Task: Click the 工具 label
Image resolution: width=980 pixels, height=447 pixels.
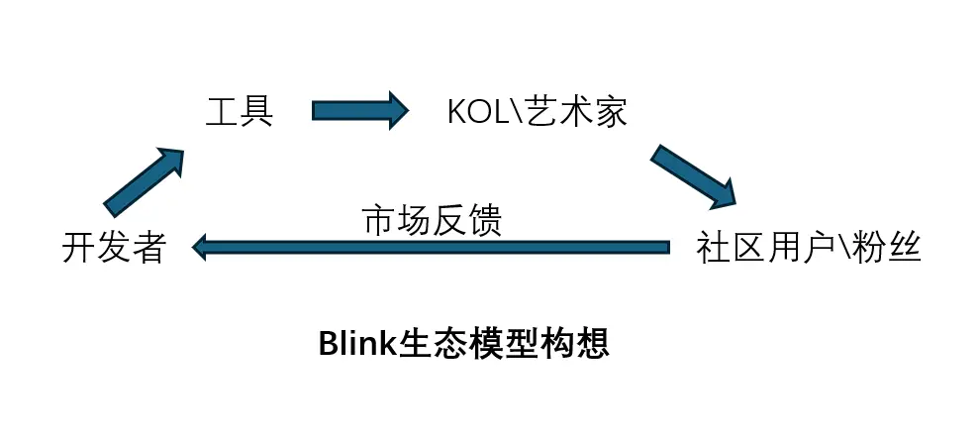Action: click(240, 111)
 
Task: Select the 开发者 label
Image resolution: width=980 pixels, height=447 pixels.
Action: click(113, 248)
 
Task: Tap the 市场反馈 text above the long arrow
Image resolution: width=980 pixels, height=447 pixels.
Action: click(433, 220)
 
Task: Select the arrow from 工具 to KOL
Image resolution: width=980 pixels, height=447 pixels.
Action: click(360, 109)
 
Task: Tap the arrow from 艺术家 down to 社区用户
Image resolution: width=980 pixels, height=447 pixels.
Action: click(694, 176)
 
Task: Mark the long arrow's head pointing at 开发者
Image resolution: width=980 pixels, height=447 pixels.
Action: click(202, 247)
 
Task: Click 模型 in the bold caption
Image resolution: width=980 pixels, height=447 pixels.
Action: click(503, 343)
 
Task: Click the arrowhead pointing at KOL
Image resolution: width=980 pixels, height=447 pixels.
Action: click(398, 109)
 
